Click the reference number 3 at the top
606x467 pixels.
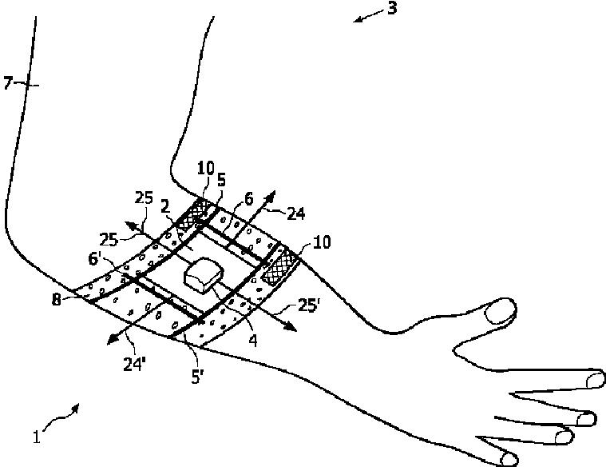(x=392, y=10)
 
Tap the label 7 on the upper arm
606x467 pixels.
(x=9, y=82)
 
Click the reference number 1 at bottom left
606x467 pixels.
(x=36, y=437)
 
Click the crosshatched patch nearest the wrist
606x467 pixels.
(x=279, y=265)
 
